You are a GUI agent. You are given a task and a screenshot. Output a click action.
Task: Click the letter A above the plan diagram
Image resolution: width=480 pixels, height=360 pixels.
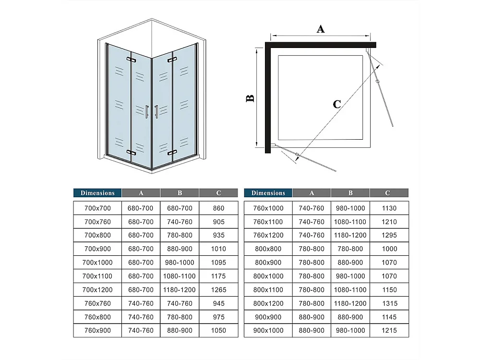(321, 29)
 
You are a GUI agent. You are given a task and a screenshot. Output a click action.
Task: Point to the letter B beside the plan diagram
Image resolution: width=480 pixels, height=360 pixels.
(250, 98)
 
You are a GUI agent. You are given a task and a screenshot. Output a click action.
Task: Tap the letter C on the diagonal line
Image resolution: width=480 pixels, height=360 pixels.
(337, 104)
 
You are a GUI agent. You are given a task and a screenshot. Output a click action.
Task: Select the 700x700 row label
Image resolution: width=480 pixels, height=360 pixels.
(97, 208)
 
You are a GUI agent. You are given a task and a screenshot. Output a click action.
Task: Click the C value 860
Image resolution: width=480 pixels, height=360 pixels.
(218, 208)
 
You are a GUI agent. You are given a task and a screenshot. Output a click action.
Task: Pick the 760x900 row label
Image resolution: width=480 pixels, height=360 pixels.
(97, 331)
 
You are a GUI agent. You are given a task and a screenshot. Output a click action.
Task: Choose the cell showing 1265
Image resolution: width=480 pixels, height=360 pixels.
(218, 290)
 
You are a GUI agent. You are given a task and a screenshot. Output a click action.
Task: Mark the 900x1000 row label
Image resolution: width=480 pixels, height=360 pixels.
(268, 331)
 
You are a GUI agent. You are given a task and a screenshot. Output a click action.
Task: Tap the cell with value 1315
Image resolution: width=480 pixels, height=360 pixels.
(389, 303)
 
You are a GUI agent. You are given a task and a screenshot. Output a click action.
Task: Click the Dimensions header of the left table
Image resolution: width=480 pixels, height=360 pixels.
(97, 193)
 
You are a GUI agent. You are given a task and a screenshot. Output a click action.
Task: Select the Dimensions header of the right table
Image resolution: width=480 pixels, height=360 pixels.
(268, 193)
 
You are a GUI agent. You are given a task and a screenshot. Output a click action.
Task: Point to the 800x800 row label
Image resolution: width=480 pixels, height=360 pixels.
(268, 249)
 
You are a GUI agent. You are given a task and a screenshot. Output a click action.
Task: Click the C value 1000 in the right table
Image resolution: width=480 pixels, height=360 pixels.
(389, 249)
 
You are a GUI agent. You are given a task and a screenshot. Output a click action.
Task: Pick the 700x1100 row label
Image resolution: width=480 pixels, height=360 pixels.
(97, 276)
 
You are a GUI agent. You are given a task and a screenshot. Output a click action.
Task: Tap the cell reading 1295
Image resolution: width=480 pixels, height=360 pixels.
(389, 236)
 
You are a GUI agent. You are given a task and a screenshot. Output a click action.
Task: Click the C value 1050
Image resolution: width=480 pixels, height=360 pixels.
(218, 331)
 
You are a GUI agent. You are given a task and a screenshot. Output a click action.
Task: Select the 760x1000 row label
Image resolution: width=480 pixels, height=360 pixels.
(268, 208)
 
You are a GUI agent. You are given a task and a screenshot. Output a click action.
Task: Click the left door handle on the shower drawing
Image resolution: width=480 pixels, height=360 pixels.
(147, 111)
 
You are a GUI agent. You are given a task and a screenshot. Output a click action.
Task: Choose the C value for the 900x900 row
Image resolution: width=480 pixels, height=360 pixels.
(389, 317)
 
